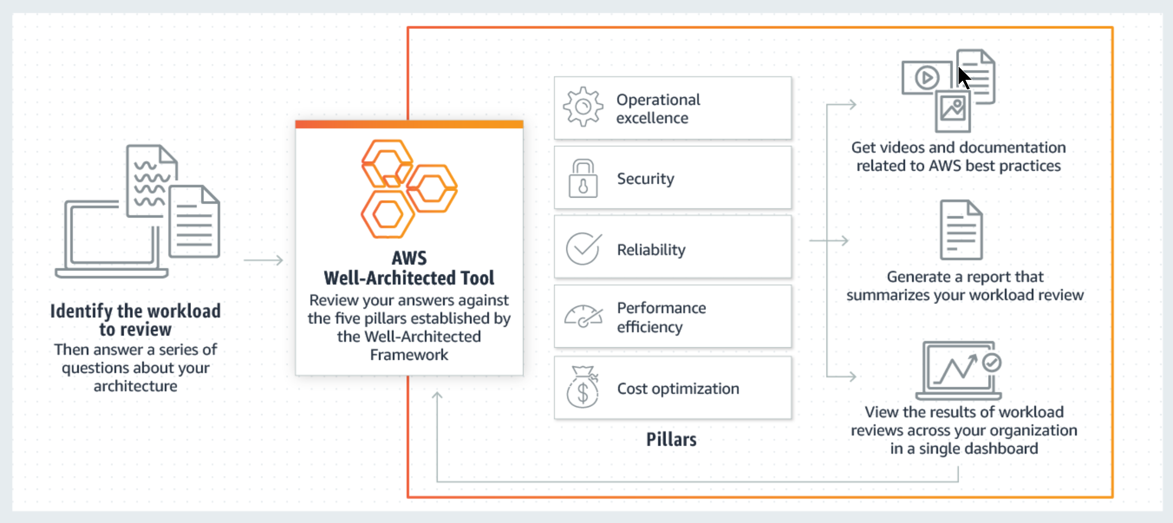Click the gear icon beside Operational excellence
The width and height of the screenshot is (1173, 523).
[x=583, y=106]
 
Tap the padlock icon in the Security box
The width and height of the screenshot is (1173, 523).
[x=583, y=178]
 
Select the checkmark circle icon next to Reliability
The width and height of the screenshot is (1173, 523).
[x=583, y=249]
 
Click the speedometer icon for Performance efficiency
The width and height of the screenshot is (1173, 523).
[x=583, y=316]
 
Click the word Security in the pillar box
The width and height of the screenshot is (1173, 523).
[x=646, y=179]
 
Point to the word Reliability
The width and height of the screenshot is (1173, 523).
[x=651, y=249]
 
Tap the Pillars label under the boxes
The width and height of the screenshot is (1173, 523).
[x=671, y=439]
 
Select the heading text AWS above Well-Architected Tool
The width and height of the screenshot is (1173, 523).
[x=409, y=258]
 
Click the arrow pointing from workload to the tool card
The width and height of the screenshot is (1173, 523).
[x=263, y=260]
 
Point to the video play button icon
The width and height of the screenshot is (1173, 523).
[x=927, y=77]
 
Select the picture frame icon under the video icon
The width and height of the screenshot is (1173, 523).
[x=953, y=111]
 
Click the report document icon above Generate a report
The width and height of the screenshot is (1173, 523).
[x=961, y=230]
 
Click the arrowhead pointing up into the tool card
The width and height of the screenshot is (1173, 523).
[x=437, y=396]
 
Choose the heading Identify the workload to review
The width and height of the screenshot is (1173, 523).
[x=135, y=320]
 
